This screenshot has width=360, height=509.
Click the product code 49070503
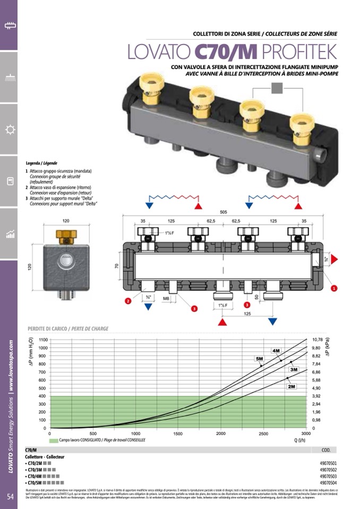[x=328, y=476]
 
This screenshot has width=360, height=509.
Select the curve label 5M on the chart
[x=260, y=359]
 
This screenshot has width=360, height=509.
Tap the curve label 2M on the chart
[x=292, y=386]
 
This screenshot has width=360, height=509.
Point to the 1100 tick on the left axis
[x=43, y=339]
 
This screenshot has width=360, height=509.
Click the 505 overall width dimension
[x=224, y=211]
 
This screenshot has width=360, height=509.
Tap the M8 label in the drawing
[x=166, y=298]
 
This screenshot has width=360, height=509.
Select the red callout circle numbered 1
[x=335, y=288]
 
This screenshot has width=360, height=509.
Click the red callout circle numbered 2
[x=128, y=301]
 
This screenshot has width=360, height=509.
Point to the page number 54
[x=10, y=496]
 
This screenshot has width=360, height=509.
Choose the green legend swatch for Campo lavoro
[x=53, y=441]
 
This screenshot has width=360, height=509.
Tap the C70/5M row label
[x=35, y=483]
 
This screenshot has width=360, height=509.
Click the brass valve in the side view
[x=66, y=236]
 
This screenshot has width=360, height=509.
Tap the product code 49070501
[x=328, y=463]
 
